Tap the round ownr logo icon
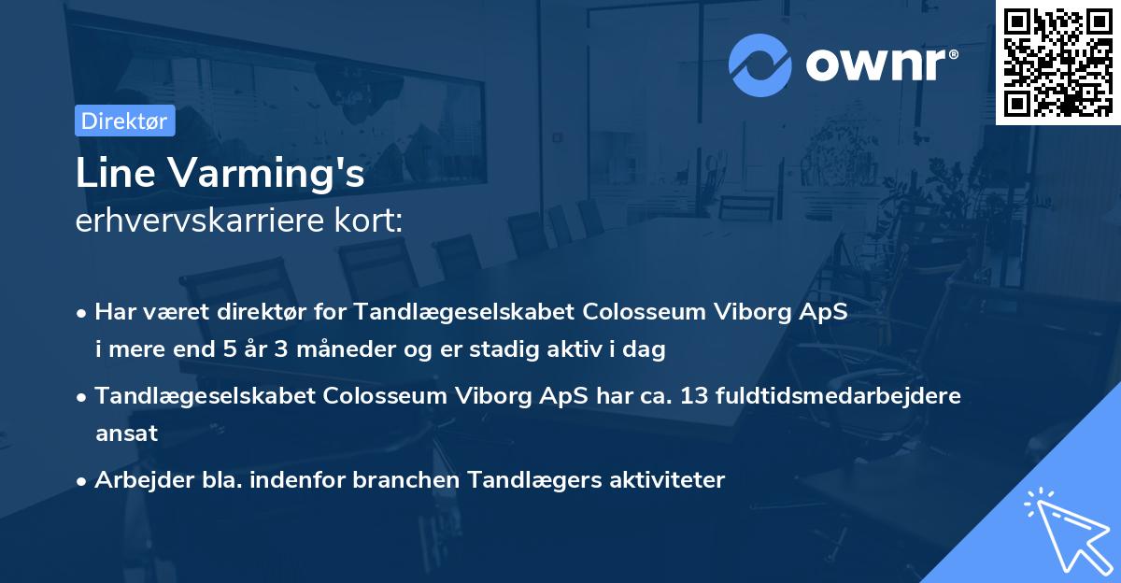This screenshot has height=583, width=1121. [759, 64]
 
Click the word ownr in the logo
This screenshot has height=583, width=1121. [876, 64]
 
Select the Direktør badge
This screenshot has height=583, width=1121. [124, 121]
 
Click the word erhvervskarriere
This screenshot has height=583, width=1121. [209, 221]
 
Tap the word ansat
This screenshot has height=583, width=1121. [126, 434]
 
